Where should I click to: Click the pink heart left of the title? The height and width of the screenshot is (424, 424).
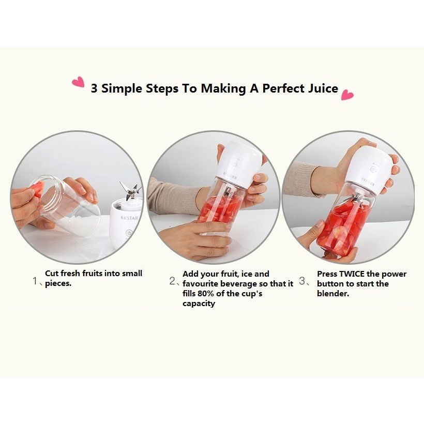[x=79, y=82]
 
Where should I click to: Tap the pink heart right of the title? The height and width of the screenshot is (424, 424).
[x=347, y=95]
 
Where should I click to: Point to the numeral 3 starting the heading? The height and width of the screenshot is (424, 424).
[x=94, y=88]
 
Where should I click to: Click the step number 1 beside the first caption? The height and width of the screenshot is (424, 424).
[x=35, y=281]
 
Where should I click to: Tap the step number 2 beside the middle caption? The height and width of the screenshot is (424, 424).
[x=172, y=281]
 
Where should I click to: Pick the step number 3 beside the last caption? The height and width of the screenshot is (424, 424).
[x=302, y=281]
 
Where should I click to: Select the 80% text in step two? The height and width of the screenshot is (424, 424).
[x=206, y=293]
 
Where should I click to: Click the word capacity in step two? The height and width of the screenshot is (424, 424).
[x=199, y=304]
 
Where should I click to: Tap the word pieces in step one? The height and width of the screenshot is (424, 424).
[x=58, y=284]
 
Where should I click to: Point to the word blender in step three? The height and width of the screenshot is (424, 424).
[x=333, y=293]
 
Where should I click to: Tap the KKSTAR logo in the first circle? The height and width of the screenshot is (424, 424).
[x=129, y=218]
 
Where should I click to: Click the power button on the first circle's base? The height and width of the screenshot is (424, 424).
[x=129, y=233]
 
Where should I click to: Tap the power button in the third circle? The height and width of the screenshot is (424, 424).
[x=373, y=169]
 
